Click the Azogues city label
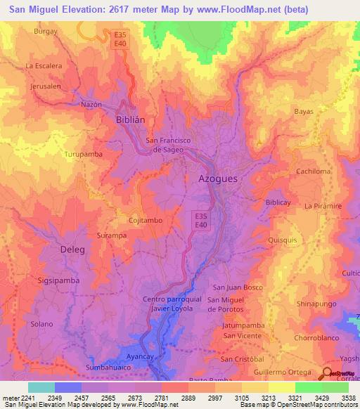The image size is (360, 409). (217, 178)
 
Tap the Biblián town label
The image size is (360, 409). (130, 119)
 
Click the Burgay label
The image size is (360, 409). (45, 32)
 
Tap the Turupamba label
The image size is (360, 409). (84, 153)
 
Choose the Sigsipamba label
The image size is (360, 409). (58, 280)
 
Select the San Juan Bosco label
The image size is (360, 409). (238, 287)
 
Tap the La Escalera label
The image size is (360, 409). (44, 66)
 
